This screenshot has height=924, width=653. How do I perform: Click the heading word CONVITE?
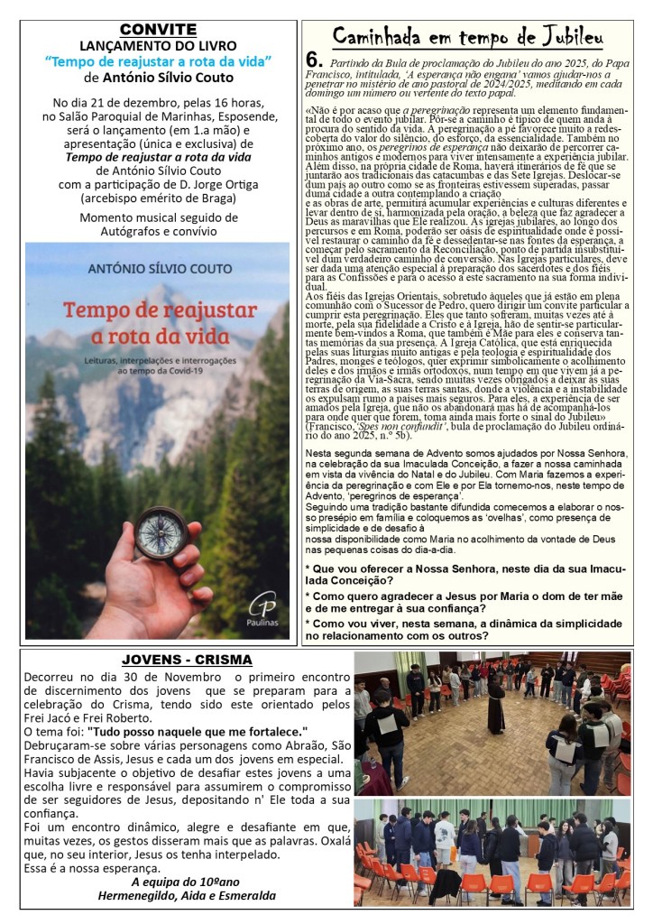click(x=158, y=30)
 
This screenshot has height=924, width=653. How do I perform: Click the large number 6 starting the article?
click(x=314, y=60)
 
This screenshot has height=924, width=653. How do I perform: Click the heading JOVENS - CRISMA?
click(x=187, y=661)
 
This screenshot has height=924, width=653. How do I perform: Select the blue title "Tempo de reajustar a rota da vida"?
click(x=159, y=60)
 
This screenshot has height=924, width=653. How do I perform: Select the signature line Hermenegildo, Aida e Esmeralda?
click(x=187, y=895)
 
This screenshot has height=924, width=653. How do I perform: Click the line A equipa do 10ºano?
click(x=187, y=881)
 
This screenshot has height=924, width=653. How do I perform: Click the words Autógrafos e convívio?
click(x=159, y=232)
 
